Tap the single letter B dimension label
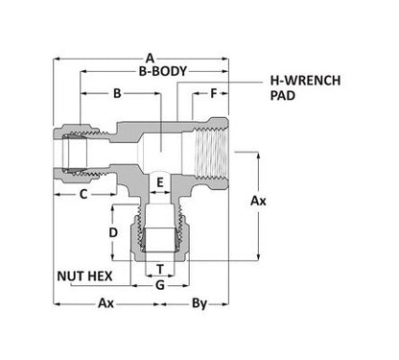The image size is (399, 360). (118, 94)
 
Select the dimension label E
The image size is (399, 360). (161, 180)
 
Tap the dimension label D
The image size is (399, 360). (112, 233)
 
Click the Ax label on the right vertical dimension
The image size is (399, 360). (258, 202)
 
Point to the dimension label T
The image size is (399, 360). (160, 269)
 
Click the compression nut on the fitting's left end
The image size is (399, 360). (69, 150)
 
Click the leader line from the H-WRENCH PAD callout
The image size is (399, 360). (242, 90)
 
